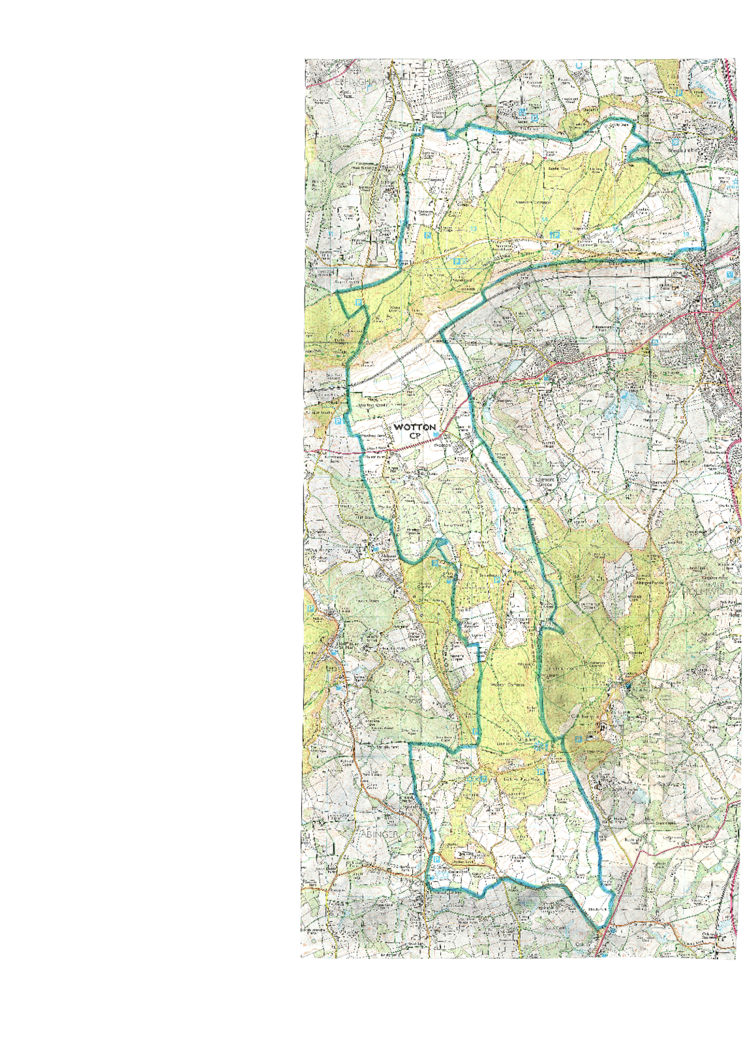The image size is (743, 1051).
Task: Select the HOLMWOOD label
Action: [x=711, y=592]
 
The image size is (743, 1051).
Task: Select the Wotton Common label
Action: [x=507, y=684]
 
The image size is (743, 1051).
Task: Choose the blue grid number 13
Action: [x=474, y=229]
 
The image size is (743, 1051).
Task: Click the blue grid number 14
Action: [x=543, y=219]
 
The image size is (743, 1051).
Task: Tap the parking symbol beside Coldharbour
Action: [x=577, y=739]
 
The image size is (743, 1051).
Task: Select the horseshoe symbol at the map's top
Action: [x=578, y=65]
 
